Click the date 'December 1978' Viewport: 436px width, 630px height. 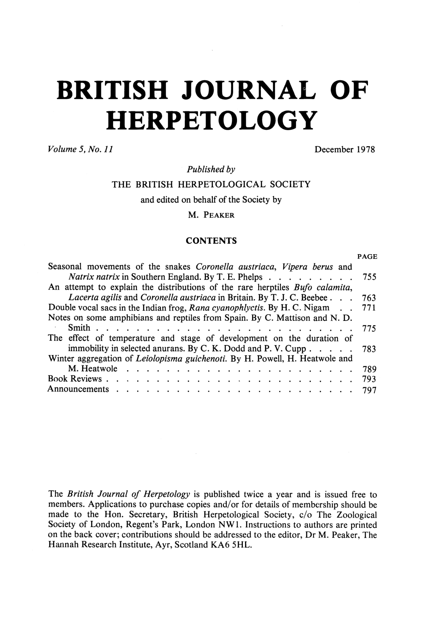(345, 150)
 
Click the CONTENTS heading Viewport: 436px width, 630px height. (211, 241)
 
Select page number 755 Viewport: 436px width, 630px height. (369, 277)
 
